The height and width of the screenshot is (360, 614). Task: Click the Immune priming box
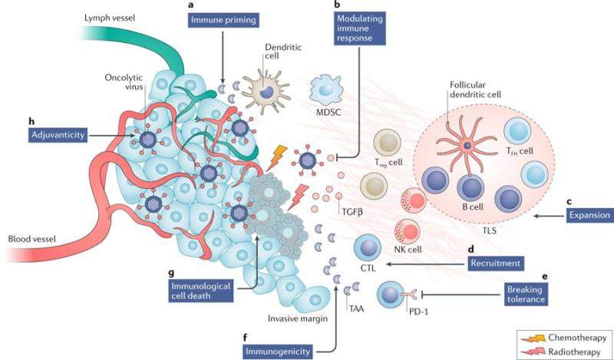(x=223, y=20)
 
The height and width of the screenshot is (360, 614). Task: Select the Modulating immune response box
(x=360, y=28)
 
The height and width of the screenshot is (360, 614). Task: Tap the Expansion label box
(x=589, y=215)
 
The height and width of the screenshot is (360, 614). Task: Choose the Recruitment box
(x=495, y=263)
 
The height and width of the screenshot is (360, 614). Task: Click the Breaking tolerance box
(x=526, y=294)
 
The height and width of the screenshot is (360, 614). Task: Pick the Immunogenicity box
(x=277, y=352)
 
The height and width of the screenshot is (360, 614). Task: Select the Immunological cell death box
(x=201, y=290)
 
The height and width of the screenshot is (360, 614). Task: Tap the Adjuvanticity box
(x=58, y=135)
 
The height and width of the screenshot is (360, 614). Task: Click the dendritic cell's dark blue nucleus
(x=266, y=91)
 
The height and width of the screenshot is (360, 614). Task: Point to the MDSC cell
(x=325, y=91)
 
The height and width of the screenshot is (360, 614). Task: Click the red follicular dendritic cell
(x=467, y=145)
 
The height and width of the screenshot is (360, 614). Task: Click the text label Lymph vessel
(x=109, y=18)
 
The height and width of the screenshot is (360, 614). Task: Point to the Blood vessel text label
(x=32, y=239)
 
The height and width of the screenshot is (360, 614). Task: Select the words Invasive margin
(x=298, y=319)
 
